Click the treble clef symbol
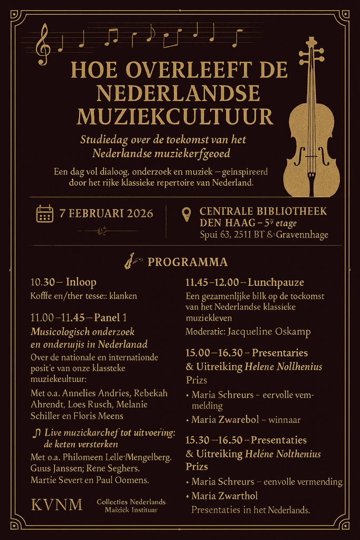click(42, 45)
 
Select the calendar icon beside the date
click(44, 214)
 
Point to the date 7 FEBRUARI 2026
click(106, 214)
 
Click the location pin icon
click(186, 214)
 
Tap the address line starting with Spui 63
click(264, 235)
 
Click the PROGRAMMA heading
click(188, 262)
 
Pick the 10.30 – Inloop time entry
click(63, 282)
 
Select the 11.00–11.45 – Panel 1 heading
click(79, 318)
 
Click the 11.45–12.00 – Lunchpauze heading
click(245, 282)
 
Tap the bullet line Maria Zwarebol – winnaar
click(246, 420)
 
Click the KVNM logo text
click(57, 505)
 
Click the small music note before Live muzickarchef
click(36, 432)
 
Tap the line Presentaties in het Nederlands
click(250, 510)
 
